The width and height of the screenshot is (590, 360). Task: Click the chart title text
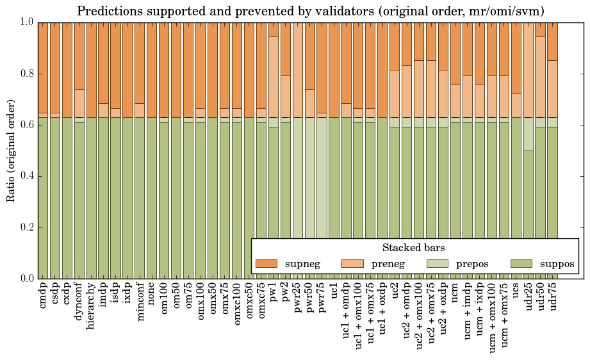pyautogui.click(x=311, y=11)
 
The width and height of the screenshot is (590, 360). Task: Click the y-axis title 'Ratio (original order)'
pyautogui.click(x=11, y=150)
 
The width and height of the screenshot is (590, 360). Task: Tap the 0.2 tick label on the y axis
pyautogui.click(x=25, y=227)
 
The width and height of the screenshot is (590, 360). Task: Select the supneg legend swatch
pyautogui.click(x=266, y=263)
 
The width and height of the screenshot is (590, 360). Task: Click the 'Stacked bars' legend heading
pyautogui.click(x=413, y=247)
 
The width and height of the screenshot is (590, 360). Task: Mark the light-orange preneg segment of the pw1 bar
pyautogui.click(x=274, y=77)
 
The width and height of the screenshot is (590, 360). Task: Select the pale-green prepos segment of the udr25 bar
pyautogui.click(x=529, y=134)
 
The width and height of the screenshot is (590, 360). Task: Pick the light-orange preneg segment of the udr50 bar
pyautogui.click(x=541, y=77)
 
